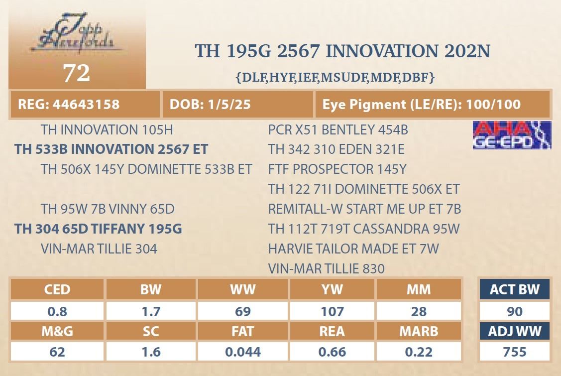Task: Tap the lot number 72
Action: click(x=77, y=73)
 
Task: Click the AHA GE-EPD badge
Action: click(x=512, y=135)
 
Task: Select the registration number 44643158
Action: click(x=86, y=104)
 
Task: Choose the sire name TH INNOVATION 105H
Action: click(x=107, y=129)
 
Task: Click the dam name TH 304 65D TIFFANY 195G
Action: click(x=98, y=229)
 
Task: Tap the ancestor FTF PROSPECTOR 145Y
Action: click(x=337, y=169)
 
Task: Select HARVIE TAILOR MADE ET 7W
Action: click(x=353, y=249)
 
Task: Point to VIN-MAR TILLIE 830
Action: click(x=327, y=268)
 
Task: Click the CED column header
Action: click(x=57, y=289)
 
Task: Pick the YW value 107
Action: click(x=333, y=311)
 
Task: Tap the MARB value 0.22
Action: click(x=419, y=352)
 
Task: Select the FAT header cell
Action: click(x=242, y=331)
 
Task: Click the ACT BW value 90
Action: click(x=515, y=311)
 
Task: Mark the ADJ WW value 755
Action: click(x=515, y=352)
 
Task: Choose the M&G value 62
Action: click(x=57, y=352)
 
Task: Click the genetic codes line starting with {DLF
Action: click(x=335, y=77)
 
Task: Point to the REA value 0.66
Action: click(x=333, y=352)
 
